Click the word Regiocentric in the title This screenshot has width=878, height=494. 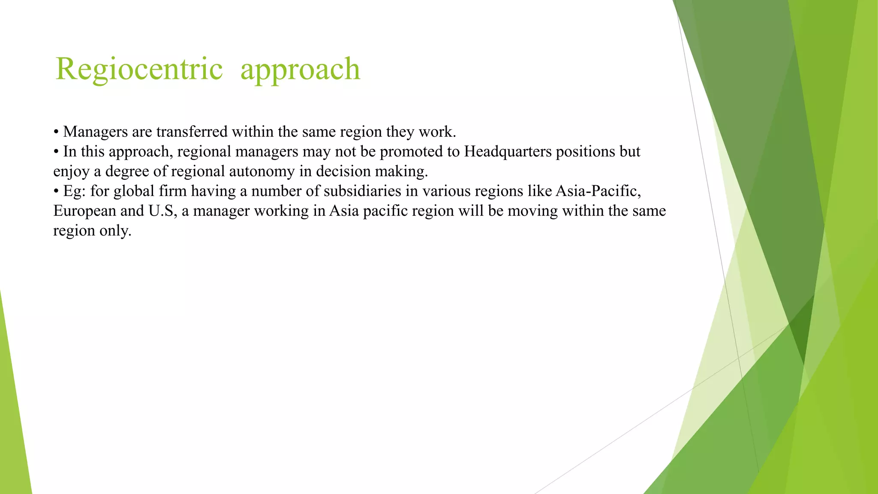(139, 69)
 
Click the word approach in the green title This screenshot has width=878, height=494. (300, 69)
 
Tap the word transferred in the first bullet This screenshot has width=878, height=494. (192, 132)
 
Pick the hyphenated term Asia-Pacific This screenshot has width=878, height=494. (598, 191)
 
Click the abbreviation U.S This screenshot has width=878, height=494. (162, 211)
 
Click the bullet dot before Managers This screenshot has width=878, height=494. (56, 132)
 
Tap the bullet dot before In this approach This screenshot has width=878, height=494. (56, 152)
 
